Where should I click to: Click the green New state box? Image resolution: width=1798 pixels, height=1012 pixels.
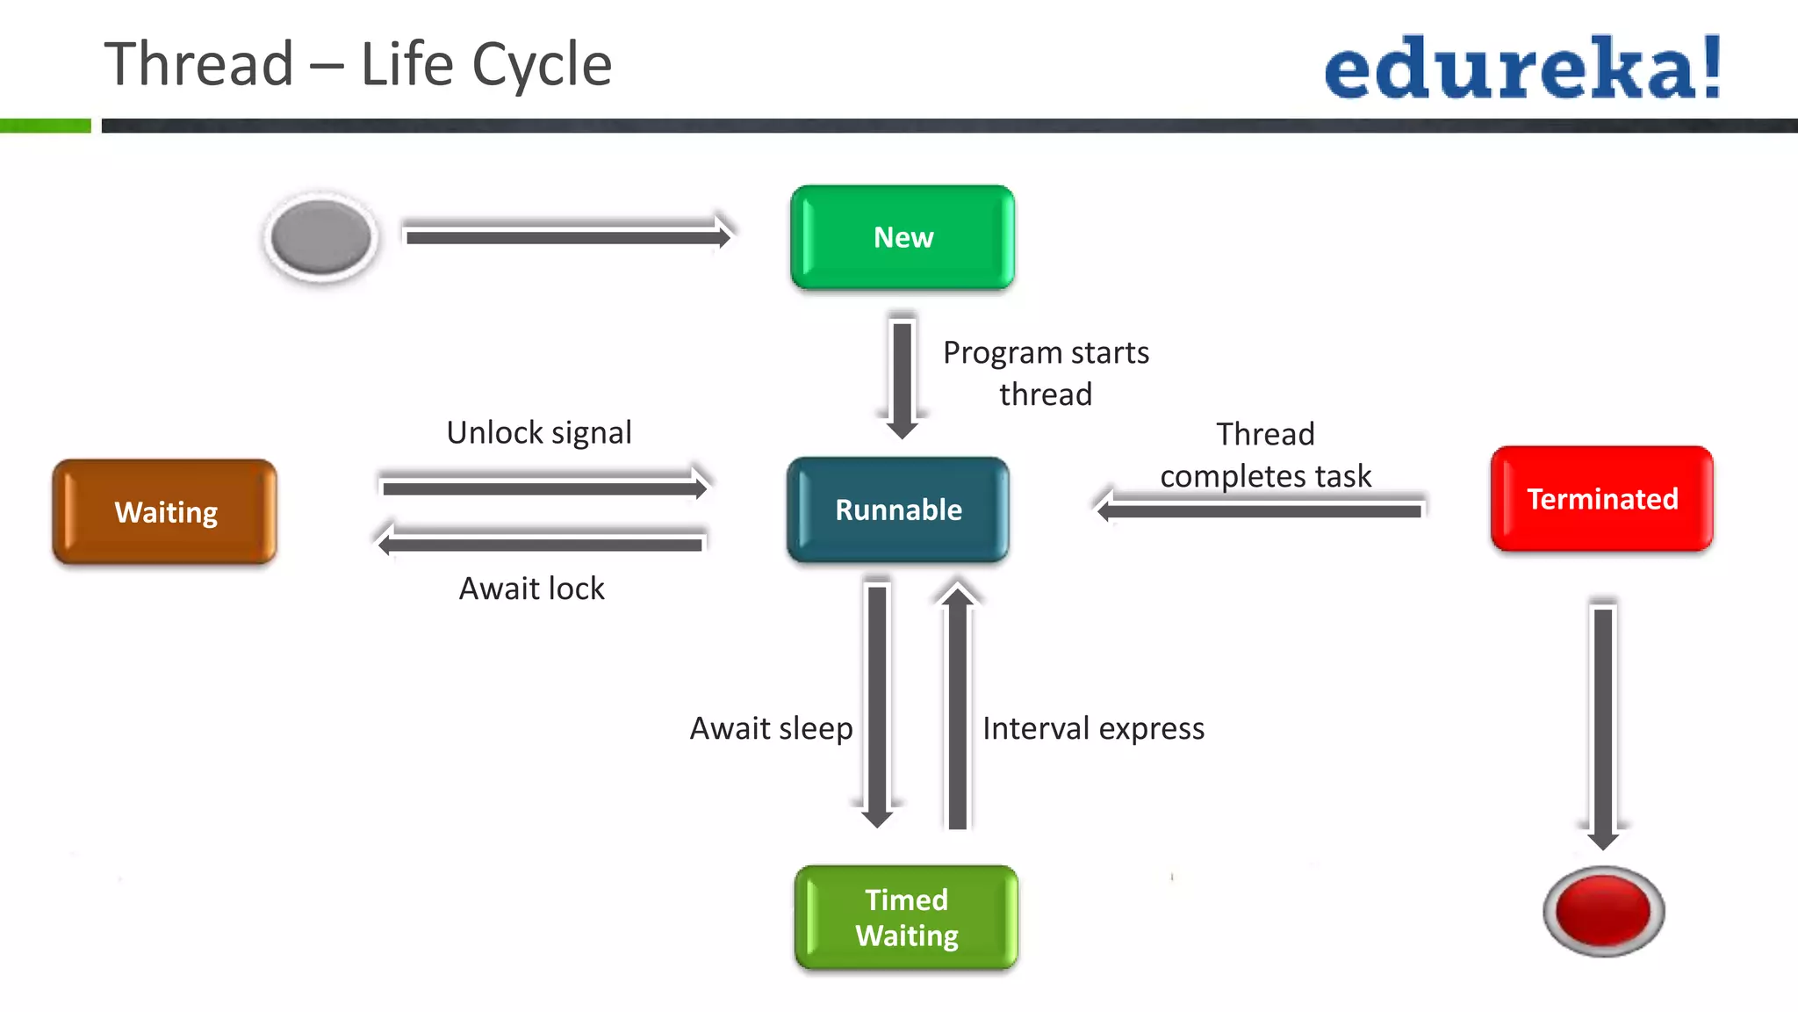pos(903,237)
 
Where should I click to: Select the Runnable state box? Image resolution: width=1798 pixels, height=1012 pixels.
pos(898,510)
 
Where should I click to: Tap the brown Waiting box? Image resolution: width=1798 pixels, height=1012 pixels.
pos(165,511)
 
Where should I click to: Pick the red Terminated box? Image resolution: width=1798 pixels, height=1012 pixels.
pos(1601,499)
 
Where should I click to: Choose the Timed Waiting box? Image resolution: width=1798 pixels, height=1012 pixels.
pos(906,917)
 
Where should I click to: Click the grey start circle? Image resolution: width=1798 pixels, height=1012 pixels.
pos(321,237)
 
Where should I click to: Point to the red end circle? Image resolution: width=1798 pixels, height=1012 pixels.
pos(1603,911)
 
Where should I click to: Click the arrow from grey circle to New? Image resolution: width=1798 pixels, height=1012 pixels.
pos(566,236)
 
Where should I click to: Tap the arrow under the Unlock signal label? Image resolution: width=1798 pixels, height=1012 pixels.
pos(544,487)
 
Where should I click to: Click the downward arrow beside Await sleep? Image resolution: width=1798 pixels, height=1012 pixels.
pos(877,703)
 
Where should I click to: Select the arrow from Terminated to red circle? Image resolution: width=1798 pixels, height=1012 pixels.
pos(1603,725)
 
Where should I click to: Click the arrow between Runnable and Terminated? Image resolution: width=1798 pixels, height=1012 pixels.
pos(1260,510)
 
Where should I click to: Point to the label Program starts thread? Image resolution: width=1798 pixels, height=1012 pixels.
pos(1045,372)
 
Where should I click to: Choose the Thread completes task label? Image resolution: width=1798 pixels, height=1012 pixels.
pos(1265,455)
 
